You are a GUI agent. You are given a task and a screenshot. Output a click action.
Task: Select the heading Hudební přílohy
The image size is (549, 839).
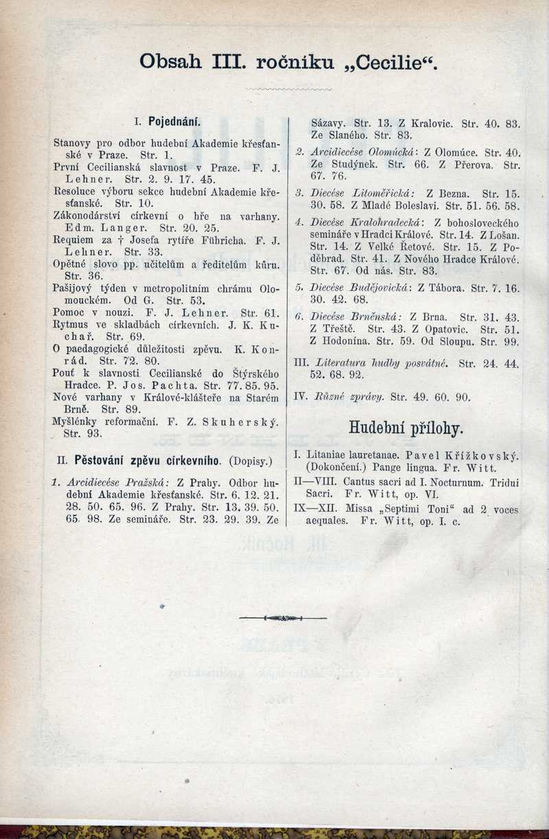406,429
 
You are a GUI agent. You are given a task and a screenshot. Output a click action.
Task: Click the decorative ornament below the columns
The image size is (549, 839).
283,618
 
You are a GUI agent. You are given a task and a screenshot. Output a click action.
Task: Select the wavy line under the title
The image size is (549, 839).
288,89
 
